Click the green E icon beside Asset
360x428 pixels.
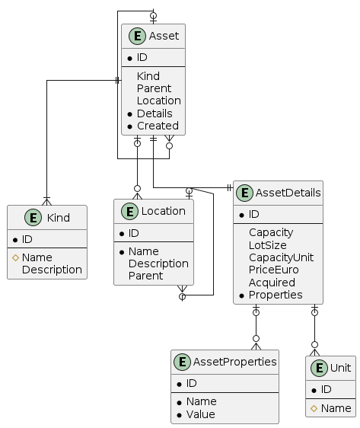137,36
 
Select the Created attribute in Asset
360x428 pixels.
158,126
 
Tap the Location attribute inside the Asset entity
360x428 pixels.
159,101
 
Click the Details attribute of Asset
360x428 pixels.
155,113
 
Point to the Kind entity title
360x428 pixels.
59,218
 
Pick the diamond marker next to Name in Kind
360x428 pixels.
15,257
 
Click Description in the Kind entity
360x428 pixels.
52,270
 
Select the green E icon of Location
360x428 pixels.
129,211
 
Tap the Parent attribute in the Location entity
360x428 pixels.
145,276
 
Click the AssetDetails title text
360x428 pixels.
288,193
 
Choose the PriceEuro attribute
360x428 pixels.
273,270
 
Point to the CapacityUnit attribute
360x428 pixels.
281,257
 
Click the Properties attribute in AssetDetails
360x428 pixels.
276,295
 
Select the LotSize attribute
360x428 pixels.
268,245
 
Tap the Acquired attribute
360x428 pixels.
272,283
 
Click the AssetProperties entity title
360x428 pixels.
235,362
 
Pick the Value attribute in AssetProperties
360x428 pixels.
201,414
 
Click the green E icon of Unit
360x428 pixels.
319,368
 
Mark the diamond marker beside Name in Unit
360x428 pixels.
314,408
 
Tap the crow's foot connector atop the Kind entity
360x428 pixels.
46,201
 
